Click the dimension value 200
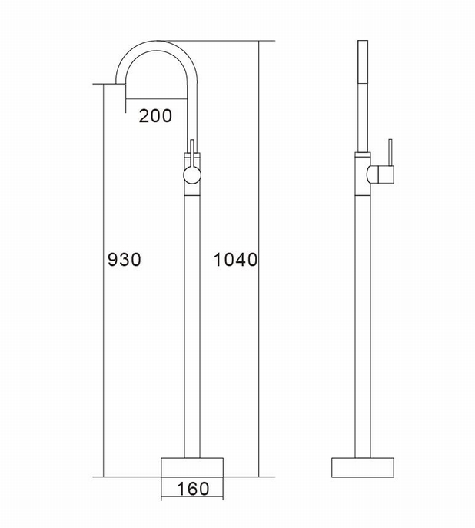[x=155, y=116]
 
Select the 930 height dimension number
[x=124, y=260]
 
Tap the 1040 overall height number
[x=235, y=260]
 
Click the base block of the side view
[x=364, y=467]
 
